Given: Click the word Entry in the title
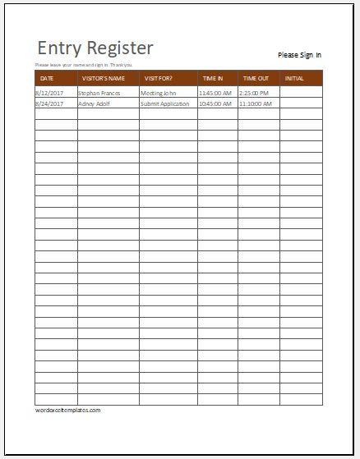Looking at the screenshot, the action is click(x=57, y=48).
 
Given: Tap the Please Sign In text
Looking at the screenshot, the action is click(x=299, y=55).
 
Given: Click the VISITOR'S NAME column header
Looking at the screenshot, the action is click(x=103, y=79).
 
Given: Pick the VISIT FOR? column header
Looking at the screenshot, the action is click(x=159, y=79).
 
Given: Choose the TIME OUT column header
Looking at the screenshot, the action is click(x=256, y=79).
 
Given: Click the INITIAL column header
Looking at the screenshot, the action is click(x=294, y=79).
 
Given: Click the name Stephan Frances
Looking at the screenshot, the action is click(x=99, y=94).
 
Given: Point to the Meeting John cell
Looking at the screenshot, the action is click(x=158, y=94).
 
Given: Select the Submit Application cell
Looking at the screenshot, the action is click(x=164, y=104).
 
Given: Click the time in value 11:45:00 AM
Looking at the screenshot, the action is click(x=215, y=94).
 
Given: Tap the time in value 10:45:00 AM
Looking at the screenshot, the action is click(x=215, y=104).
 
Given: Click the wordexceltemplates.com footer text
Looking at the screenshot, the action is click(x=67, y=409).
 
